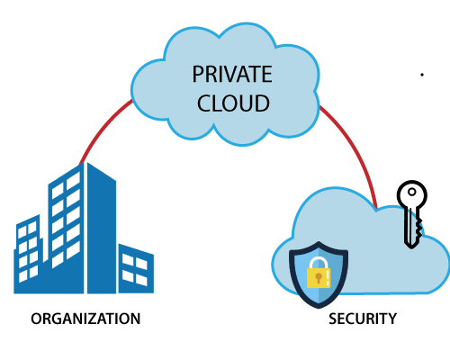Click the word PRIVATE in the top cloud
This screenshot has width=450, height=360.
[x=231, y=75]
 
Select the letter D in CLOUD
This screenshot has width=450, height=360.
[x=262, y=103]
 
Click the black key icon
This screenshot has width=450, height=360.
[x=411, y=211]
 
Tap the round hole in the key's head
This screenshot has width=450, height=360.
[x=412, y=195]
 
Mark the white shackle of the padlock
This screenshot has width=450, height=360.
[x=319, y=261]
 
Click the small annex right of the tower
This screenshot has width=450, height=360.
[x=136, y=270]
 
